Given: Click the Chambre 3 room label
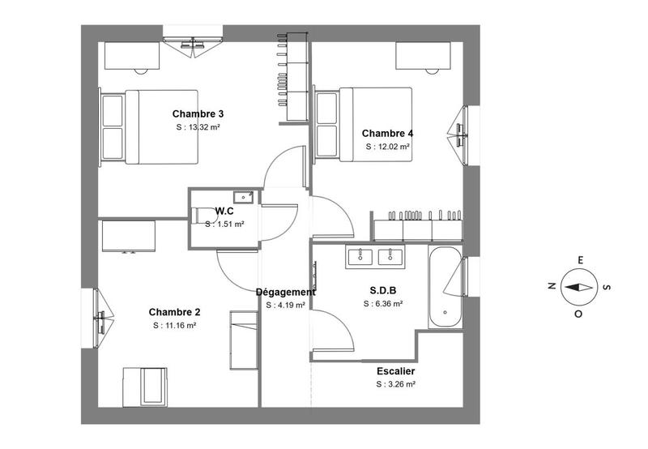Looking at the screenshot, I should [198, 114].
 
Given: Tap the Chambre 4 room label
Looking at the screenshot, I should [387, 134].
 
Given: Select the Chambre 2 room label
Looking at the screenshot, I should [174, 312].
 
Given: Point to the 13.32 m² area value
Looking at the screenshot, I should [198, 128].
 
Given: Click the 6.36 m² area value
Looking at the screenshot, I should [383, 304].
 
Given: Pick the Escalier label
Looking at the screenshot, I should [395, 371].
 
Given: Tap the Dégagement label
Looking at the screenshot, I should [285, 293].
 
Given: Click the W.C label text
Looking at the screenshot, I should [224, 212].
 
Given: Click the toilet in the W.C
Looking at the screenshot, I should [204, 215].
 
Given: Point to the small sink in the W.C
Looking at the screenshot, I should [243, 196].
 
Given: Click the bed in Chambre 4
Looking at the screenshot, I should [364, 124].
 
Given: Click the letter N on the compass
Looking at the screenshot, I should [552, 286].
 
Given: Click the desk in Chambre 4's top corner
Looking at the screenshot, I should [423, 56].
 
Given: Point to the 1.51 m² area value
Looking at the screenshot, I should [224, 224].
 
